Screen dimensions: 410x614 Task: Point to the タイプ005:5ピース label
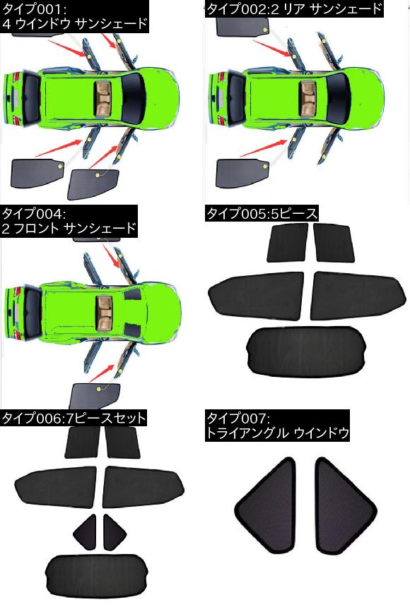pyautogui.click(x=262, y=214)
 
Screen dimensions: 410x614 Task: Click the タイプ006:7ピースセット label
pyautogui.click(x=74, y=419)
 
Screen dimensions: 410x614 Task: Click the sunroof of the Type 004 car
pyautogui.click(x=105, y=312)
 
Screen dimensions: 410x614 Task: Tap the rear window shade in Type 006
pyautogui.click(x=97, y=576)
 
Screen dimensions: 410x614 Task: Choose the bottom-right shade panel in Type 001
pyautogui.click(x=93, y=184)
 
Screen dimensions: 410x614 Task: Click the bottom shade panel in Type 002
pyautogui.click(x=242, y=173)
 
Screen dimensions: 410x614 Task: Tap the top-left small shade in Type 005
pyautogui.click(x=287, y=243)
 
